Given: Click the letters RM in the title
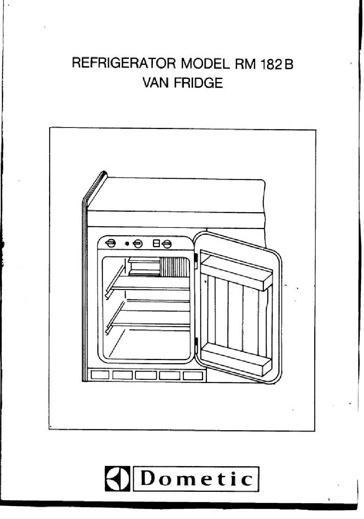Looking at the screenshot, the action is coord(245,64).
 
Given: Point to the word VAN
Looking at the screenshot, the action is coord(156,83).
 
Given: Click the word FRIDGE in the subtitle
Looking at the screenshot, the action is coord(198,83).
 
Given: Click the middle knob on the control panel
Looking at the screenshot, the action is coord(138,244).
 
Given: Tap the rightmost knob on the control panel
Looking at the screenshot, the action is coord(167,244).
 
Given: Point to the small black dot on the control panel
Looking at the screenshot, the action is coord(127,244).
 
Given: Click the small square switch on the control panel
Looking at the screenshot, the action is coord(156,243).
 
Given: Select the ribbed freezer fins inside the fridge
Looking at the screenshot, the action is coord(175,267).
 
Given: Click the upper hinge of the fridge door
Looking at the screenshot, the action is coord(196,261).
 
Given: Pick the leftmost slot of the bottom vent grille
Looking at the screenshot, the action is coord(100,375).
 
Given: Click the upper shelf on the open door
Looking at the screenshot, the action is coord(236,270).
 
